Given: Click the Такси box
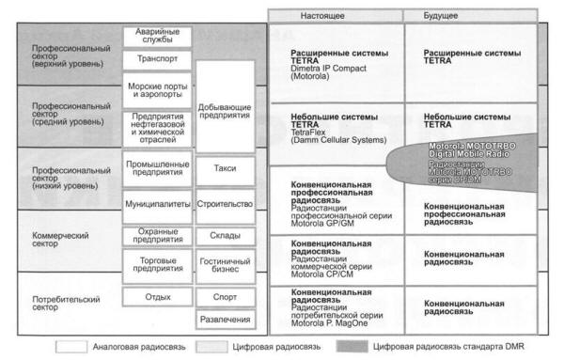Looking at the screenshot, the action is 226,169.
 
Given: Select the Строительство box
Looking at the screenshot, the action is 226,203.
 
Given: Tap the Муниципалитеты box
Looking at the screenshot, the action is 157,203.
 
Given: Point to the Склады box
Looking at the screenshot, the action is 226,235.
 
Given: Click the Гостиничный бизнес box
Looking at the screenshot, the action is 226,266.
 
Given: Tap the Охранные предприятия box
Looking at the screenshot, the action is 157,235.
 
